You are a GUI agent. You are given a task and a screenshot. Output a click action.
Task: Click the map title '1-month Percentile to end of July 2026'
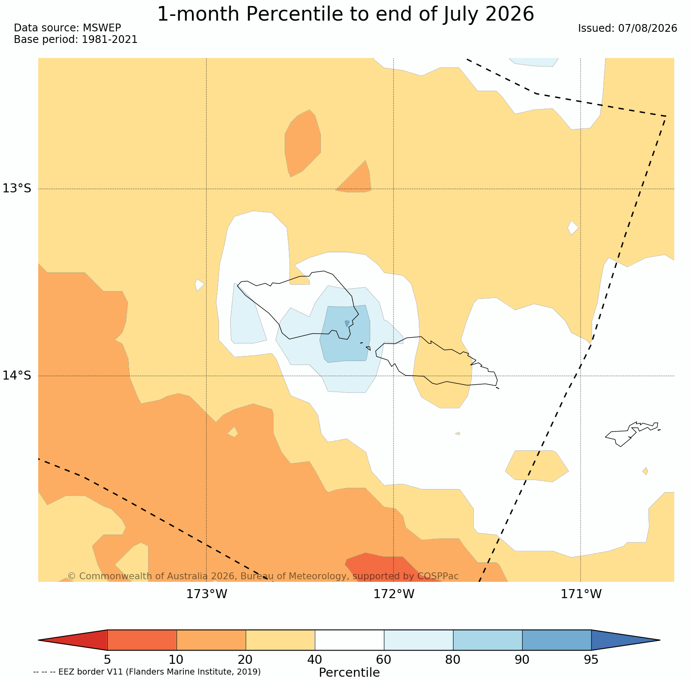345,14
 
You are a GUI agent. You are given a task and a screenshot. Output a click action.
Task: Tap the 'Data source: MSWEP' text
67,28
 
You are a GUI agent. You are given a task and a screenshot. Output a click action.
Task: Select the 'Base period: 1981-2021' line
76,40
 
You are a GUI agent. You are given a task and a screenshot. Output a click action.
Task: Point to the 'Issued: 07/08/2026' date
627,28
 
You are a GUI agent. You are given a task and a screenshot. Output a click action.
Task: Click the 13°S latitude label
17,188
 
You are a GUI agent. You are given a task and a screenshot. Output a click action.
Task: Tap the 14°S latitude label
17,375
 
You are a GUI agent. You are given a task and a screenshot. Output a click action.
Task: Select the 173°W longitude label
207,594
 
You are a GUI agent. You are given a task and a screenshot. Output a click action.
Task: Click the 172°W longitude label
394,594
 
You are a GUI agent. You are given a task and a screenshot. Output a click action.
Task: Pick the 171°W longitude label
581,594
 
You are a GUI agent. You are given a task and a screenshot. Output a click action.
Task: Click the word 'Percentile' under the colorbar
349,672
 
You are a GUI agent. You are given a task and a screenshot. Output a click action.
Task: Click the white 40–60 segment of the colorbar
349,640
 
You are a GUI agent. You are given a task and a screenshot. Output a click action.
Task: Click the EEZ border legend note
147,672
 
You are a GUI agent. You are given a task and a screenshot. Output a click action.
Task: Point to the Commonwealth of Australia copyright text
263,576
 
